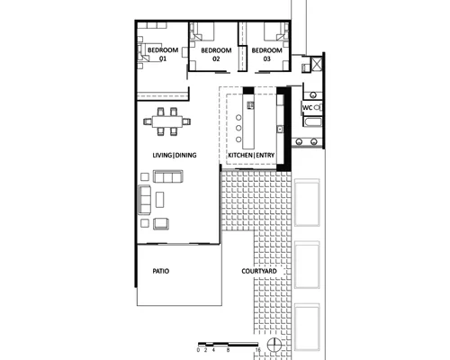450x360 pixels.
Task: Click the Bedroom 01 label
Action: tap(163, 54)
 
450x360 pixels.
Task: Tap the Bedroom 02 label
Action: tap(216, 54)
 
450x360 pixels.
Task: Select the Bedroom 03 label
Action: tap(266, 54)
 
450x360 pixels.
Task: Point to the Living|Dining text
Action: tap(175, 155)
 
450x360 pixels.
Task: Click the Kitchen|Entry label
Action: tap(251, 155)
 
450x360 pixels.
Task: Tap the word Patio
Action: tap(161, 271)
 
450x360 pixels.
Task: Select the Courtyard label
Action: tap(259, 271)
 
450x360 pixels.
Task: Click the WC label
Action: tap(308, 108)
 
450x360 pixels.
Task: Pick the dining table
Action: tap(167, 121)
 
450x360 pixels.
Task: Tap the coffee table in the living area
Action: tap(160, 200)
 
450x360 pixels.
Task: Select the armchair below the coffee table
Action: tap(161, 224)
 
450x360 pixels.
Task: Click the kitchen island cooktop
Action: tap(250, 105)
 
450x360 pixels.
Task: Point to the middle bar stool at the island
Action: tap(238, 128)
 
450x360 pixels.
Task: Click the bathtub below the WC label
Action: tap(312, 122)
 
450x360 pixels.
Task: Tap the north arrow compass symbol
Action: tap(274, 345)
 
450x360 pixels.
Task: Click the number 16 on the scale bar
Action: tap(258, 350)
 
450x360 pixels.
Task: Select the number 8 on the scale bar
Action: tap(229, 350)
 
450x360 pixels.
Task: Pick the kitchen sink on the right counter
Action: tap(280, 130)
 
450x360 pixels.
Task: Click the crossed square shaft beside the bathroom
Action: tap(317, 64)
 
